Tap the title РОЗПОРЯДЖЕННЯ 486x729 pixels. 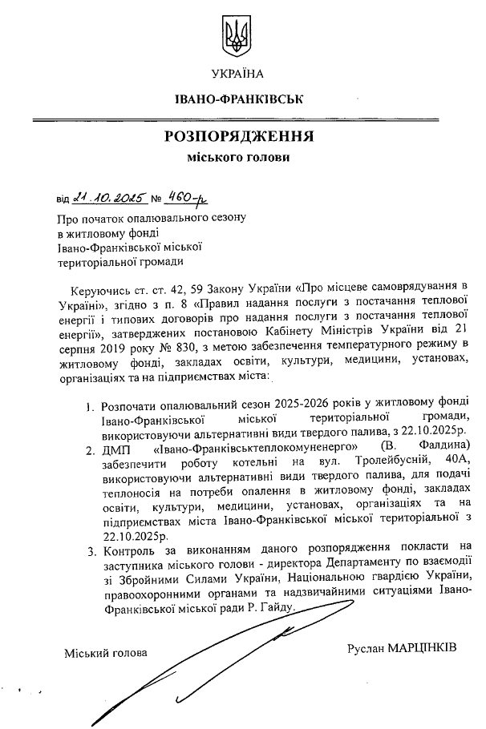238,135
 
